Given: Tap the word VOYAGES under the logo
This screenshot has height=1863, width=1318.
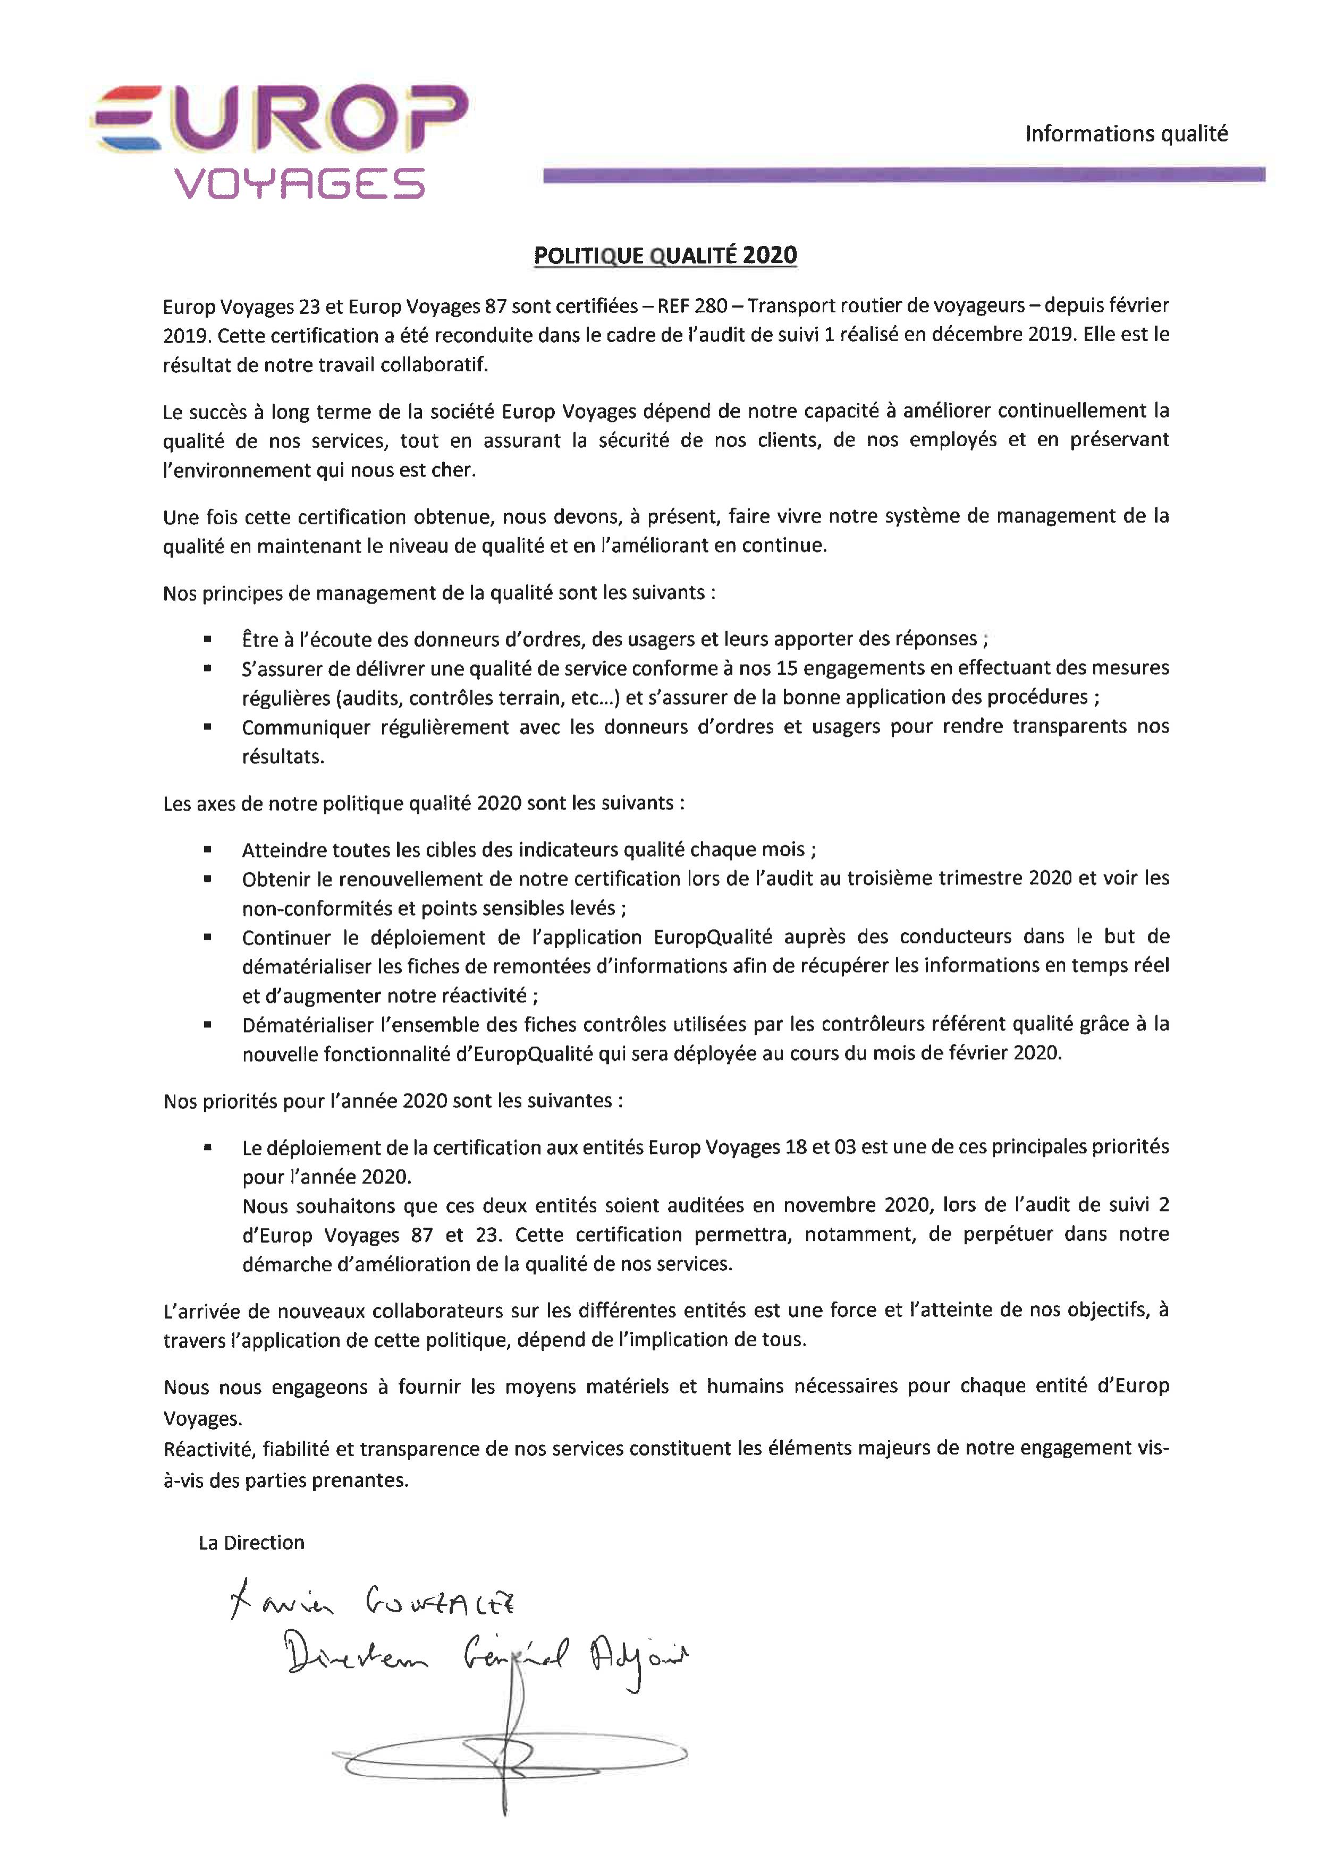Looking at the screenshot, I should click(x=300, y=183).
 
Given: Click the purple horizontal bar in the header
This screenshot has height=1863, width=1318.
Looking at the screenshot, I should click(x=903, y=174).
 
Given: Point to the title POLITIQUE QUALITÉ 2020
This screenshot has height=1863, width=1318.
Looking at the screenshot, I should click(x=665, y=255).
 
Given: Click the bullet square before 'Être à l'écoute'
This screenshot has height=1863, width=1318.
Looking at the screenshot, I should click(x=208, y=640).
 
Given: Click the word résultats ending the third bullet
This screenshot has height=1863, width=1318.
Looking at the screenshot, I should click(x=282, y=756).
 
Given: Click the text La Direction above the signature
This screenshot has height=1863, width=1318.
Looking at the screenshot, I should click(x=251, y=1543).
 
